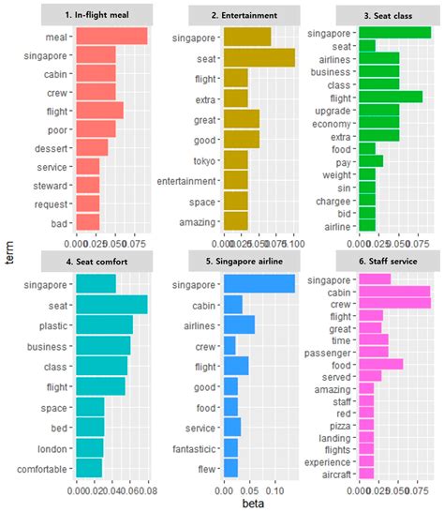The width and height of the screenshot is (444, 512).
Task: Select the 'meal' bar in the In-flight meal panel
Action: point(111,36)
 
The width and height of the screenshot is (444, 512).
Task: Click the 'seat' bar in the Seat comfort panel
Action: point(111,305)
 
